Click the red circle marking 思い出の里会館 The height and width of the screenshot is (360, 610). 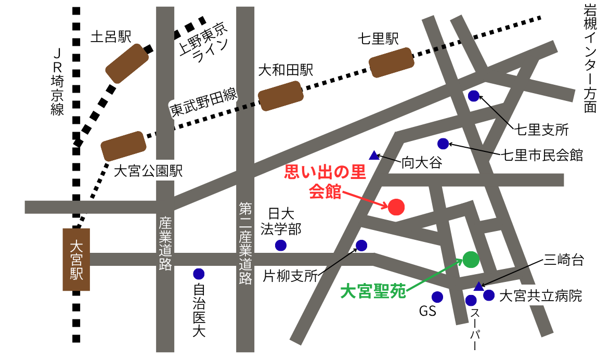click(x=396, y=207)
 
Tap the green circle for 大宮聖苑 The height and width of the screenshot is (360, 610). click(x=471, y=259)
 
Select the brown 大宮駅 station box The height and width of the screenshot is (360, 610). click(x=76, y=259)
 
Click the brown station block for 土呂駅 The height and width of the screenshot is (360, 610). click(x=127, y=63)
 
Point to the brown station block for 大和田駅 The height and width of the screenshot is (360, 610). click(x=281, y=96)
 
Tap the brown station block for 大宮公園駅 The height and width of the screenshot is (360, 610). click(x=123, y=146)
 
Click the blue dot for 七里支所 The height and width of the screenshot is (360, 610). click(x=474, y=96)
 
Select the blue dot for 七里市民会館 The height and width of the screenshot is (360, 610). click(x=443, y=144)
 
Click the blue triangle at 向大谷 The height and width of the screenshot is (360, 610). click(x=374, y=155)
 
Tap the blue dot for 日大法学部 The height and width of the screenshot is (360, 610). click(x=281, y=245)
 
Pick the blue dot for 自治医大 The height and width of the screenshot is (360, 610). click(x=199, y=274)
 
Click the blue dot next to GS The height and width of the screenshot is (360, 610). click(x=437, y=297)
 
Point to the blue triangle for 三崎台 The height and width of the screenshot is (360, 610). click(x=479, y=286)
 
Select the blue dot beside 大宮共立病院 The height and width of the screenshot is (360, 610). click(x=489, y=295)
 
